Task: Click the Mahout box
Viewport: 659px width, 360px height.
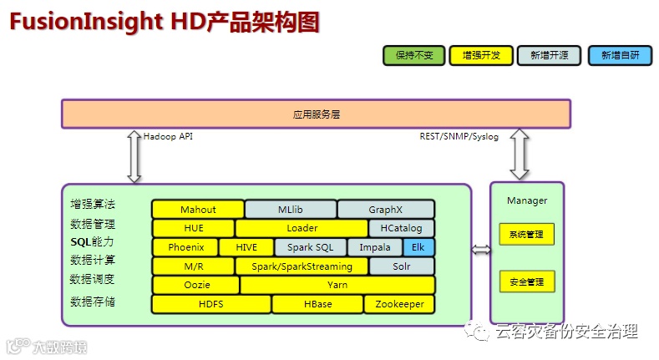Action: tap(198, 210)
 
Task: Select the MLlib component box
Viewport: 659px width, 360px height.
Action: tap(291, 210)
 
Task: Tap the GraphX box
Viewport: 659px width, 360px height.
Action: tap(386, 210)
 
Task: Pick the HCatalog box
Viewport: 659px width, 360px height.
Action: tap(402, 228)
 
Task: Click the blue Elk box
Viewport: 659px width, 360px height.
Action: tap(418, 247)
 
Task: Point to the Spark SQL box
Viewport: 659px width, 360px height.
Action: tap(310, 247)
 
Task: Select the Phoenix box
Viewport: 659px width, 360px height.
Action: tap(185, 247)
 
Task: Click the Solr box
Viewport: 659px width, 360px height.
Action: tap(402, 266)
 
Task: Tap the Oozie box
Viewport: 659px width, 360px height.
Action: tap(195, 285)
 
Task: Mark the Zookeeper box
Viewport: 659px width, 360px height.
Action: tap(399, 304)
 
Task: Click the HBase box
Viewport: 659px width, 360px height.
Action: tap(317, 304)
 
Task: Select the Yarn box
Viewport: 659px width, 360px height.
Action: tap(337, 285)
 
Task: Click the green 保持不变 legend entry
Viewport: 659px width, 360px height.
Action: tap(414, 55)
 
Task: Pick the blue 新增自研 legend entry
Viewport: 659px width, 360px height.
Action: tap(619, 55)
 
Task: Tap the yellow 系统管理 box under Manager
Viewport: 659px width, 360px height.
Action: tap(526, 235)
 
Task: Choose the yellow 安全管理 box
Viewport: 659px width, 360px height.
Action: tap(526, 282)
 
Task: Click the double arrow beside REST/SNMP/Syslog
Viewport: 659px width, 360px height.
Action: tap(520, 154)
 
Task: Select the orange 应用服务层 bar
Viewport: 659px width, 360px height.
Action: tap(316, 114)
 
